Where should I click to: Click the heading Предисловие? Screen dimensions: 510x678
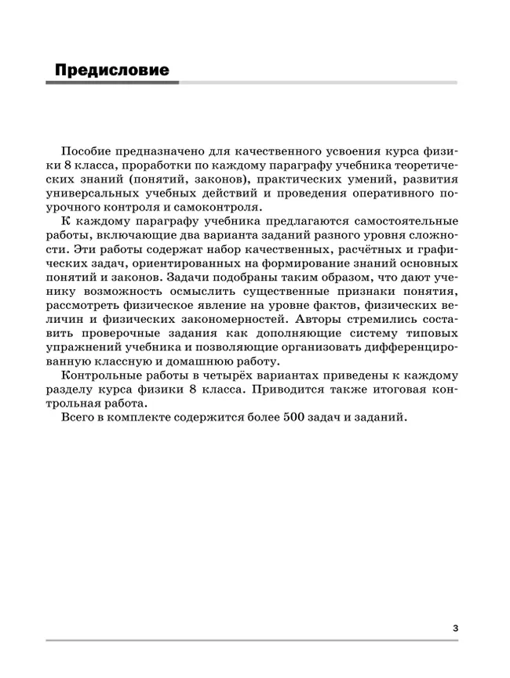click(x=112, y=71)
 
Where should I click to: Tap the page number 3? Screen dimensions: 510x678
click(x=456, y=627)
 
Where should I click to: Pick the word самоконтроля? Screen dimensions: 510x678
click(x=224, y=207)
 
